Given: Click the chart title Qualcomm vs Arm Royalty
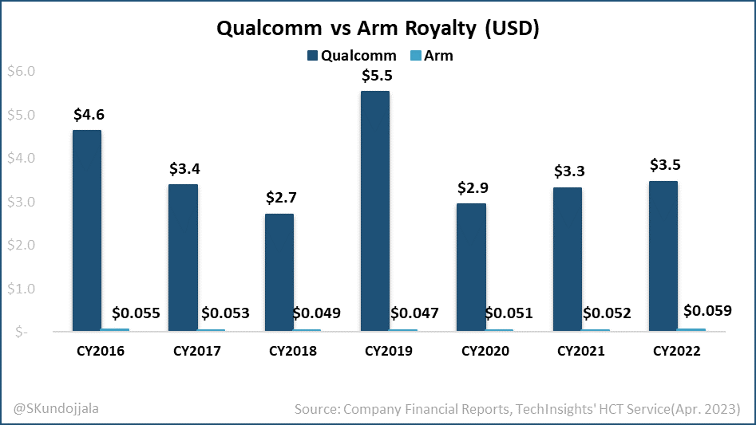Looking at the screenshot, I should [378, 30].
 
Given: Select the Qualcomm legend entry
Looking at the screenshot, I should [350, 56].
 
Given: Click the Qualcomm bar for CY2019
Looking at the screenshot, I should [375, 211].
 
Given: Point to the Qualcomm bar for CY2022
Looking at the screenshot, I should [663, 255].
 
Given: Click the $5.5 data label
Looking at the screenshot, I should [376, 77].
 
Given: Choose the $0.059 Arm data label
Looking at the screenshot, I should [707, 310].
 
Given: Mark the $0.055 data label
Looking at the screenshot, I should [136, 313].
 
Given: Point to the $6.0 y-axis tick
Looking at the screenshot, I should [21, 72].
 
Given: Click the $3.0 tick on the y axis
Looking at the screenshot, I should [21, 202].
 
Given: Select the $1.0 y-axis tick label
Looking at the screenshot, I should [21, 289].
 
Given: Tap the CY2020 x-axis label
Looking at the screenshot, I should [485, 351].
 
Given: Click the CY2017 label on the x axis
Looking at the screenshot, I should [196, 351].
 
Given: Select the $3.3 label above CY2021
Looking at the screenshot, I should [568, 171].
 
